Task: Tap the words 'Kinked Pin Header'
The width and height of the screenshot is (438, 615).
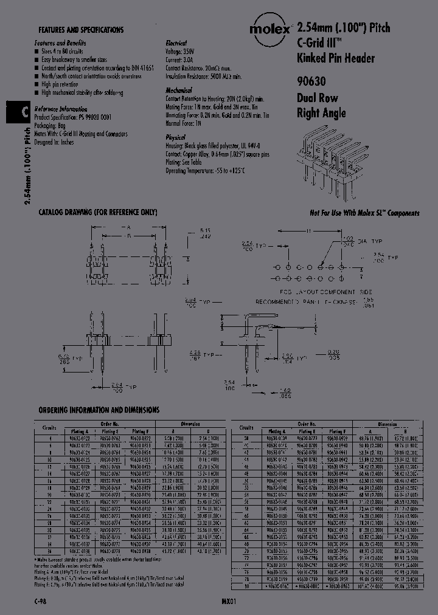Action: (x=335, y=59)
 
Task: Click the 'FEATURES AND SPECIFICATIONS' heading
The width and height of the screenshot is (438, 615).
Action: (x=81, y=30)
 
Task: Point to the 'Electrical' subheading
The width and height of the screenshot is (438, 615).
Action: (x=176, y=44)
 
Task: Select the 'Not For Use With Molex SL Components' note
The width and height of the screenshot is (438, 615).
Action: (x=364, y=213)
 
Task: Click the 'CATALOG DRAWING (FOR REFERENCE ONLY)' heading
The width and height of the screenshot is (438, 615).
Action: (x=98, y=212)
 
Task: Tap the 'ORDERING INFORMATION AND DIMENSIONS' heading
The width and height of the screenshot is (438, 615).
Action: (x=99, y=410)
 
